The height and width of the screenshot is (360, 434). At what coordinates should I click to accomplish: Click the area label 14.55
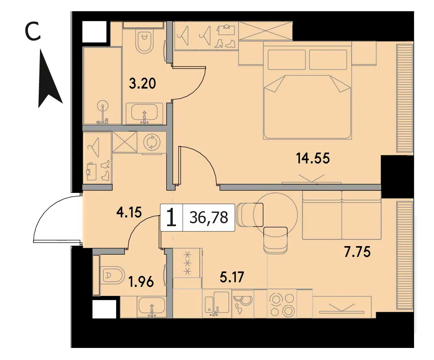click(x=313, y=159)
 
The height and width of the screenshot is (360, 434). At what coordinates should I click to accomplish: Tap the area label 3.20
click(x=142, y=83)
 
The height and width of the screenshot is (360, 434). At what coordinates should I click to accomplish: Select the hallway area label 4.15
click(x=129, y=212)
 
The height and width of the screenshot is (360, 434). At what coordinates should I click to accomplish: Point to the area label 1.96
click(x=141, y=282)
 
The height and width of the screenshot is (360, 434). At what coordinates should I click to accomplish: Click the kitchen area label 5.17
click(x=232, y=277)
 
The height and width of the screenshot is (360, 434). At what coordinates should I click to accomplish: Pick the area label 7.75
click(x=357, y=252)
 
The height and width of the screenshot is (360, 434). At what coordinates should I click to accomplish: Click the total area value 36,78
click(x=209, y=217)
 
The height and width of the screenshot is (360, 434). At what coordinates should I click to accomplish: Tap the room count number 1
click(x=171, y=217)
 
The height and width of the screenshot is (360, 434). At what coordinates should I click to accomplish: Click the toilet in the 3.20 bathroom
click(x=144, y=42)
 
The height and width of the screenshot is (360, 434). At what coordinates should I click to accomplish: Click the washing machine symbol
click(x=152, y=143)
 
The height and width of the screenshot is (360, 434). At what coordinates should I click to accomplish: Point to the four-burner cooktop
click(x=282, y=305)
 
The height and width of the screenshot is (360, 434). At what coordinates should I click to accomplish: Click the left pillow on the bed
click(x=287, y=59)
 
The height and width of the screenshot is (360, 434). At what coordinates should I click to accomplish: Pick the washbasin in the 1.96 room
click(x=152, y=307)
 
